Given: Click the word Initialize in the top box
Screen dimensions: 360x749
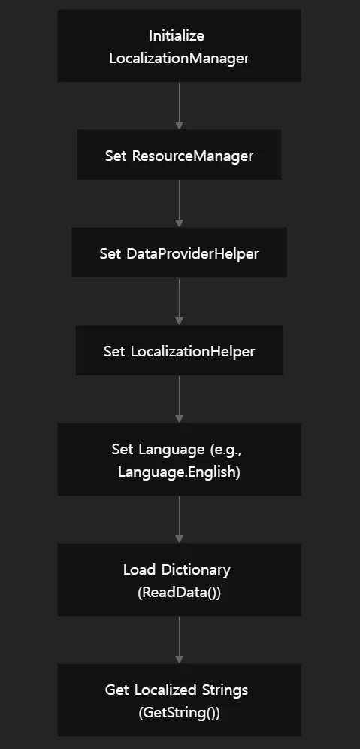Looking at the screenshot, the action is tap(177, 36).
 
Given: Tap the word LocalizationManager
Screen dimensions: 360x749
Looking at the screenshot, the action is tap(179, 58).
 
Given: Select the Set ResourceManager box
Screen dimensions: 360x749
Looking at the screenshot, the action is tap(179, 155).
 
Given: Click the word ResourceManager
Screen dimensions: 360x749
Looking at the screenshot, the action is tap(192, 156).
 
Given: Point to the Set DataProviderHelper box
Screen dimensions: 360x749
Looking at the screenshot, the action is tap(179, 252).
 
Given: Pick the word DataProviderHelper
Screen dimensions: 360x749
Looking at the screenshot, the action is tap(192, 253).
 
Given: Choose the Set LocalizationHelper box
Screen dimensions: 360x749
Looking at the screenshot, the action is tap(179, 350).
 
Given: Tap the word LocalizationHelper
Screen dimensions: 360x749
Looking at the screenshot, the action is tap(193, 352).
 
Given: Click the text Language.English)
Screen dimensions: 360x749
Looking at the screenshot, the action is tap(179, 472).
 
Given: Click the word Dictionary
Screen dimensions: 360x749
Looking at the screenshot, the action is tap(196, 570).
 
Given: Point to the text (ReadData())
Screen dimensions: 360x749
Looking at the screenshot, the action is tap(179, 593).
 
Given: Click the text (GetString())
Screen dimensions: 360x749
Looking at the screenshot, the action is tap(179, 713).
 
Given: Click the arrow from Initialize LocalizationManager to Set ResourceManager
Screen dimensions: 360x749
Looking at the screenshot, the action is tap(179, 105).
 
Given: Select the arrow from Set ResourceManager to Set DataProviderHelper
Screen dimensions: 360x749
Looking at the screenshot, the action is tap(179, 204).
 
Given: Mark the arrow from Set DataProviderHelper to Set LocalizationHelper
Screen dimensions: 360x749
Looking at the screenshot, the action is tap(179, 301).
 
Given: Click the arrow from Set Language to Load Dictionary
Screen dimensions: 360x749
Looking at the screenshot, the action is tap(179, 519).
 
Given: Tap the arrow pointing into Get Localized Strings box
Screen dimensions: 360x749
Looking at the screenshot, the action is tap(179, 640).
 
